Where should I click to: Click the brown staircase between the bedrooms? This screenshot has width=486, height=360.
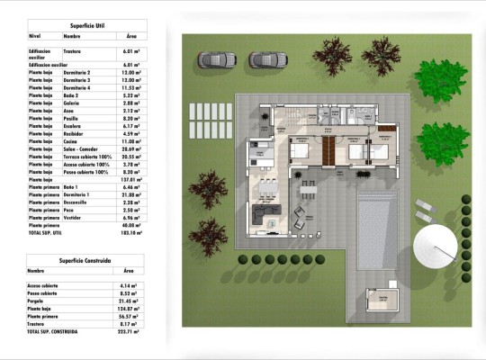pyautogui.click(x=329, y=149)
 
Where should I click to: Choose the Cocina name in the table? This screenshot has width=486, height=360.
pyautogui.click(x=71, y=140)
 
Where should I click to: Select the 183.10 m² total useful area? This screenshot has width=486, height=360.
pyautogui.click(x=131, y=232)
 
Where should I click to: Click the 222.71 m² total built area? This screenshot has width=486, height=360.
pyautogui.click(x=131, y=331)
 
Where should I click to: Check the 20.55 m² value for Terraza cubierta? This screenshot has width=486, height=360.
pyautogui.click(x=132, y=156)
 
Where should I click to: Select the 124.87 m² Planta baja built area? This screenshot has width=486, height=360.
pyautogui.click(x=131, y=309)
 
